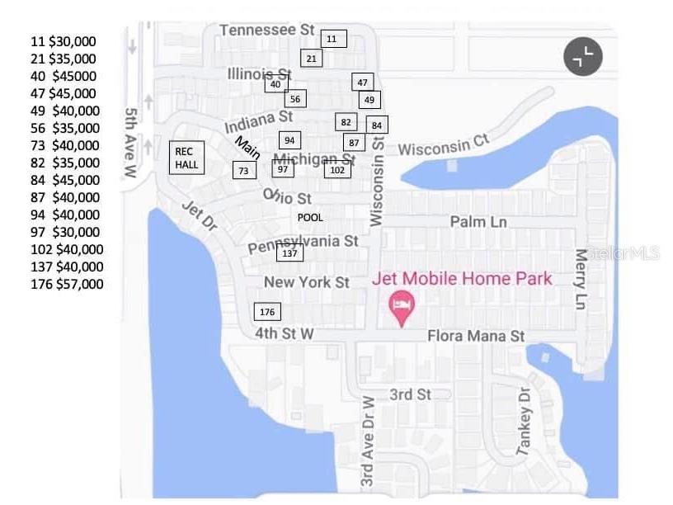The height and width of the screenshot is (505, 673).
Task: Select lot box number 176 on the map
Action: pyautogui.click(x=266, y=312)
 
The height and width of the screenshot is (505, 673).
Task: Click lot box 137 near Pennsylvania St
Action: pyautogui.click(x=289, y=253)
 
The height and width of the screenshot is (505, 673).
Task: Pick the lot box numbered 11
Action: pyautogui.click(x=332, y=39)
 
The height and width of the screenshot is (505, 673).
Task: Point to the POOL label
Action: pyautogui.click(x=310, y=218)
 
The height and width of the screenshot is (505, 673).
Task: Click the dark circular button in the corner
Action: pyautogui.click(x=583, y=57)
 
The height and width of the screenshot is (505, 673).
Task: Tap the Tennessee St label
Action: pyautogui.click(x=267, y=31)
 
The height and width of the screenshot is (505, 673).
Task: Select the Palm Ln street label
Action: pyautogui.click(x=478, y=222)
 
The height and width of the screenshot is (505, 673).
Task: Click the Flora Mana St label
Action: pyautogui.click(x=475, y=337)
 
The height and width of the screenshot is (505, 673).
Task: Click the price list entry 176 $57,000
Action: pyautogui.click(x=67, y=285)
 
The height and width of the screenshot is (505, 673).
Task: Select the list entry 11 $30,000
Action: pyautogui.click(x=63, y=41)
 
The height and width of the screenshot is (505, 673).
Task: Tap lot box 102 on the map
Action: pyautogui.click(x=336, y=170)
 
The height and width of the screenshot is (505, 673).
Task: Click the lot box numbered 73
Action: pyautogui.click(x=243, y=170)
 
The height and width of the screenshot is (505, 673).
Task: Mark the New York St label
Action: pyautogui.click(x=307, y=282)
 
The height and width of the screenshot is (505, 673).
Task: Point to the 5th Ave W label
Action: pyautogui.click(x=130, y=142)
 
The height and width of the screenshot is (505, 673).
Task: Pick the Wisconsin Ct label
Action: pyautogui.click(x=444, y=146)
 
